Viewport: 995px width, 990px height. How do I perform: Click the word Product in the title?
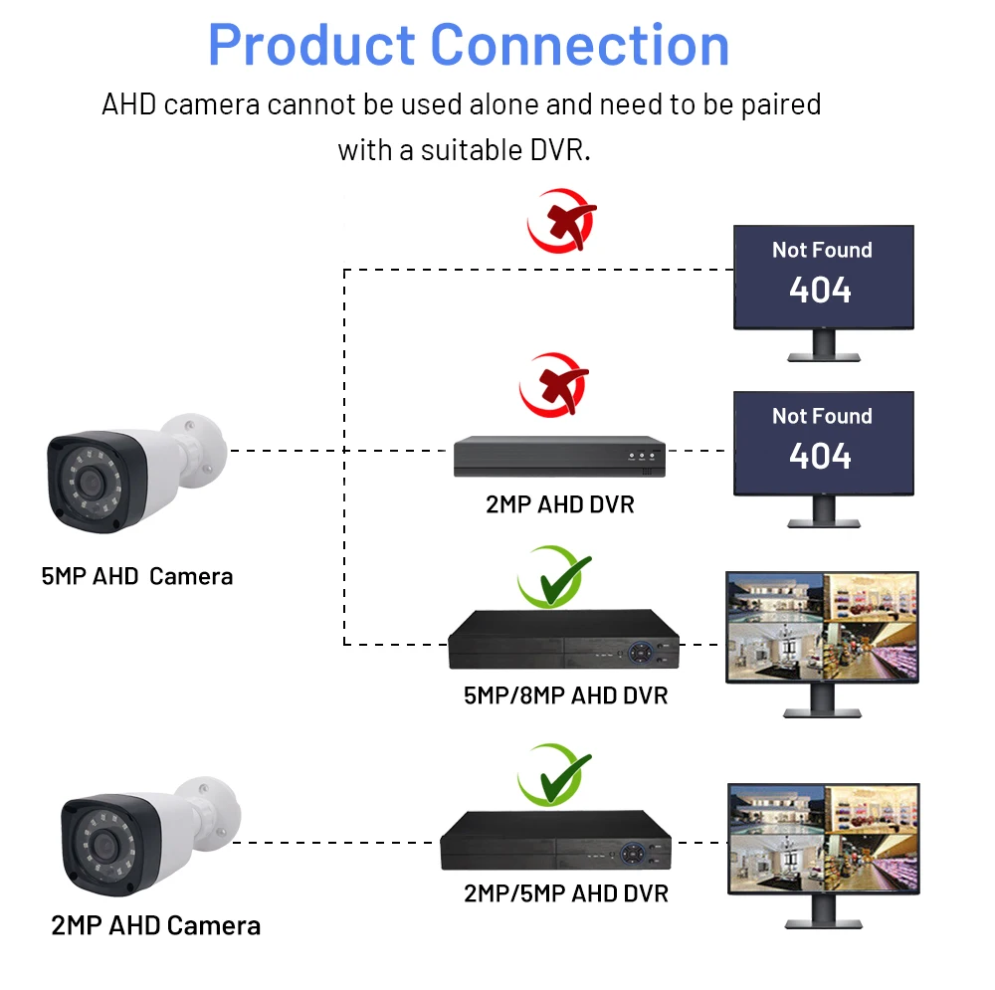click(311, 45)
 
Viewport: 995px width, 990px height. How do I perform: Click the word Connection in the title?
click(580, 45)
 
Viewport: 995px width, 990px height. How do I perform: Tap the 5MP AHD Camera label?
click(137, 576)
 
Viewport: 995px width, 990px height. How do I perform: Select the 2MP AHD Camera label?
click(155, 925)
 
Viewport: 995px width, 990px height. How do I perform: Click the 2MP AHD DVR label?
click(559, 504)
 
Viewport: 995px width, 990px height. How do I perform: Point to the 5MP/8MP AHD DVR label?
click(565, 694)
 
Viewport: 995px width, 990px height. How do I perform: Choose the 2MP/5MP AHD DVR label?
click(565, 892)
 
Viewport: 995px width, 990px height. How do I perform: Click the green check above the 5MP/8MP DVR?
click(553, 577)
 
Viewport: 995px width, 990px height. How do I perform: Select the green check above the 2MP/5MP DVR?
click(553, 774)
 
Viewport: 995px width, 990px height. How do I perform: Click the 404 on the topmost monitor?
click(821, 290)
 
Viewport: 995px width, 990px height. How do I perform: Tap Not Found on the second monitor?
click(822, 416)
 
